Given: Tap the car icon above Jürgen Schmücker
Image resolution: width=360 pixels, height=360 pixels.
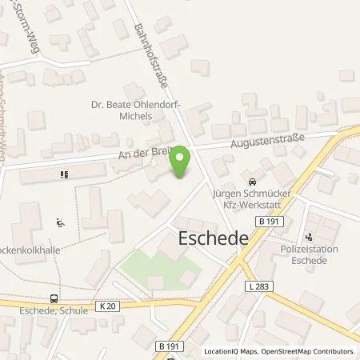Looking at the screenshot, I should tap(253, 180).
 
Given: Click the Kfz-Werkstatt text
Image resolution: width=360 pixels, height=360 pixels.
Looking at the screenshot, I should tap(252, 205).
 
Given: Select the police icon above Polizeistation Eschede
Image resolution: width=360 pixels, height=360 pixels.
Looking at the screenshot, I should tap(310, 237).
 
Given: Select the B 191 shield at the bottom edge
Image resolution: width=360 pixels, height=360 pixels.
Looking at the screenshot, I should tap(167, 346).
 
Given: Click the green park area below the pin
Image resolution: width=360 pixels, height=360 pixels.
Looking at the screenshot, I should tap(152, 268).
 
